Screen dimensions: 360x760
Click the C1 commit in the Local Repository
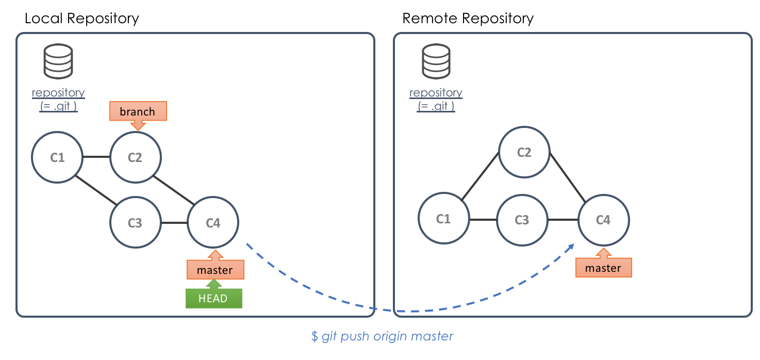(57, 157)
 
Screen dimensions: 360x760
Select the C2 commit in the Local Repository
(136, 157)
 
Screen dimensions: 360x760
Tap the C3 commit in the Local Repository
(135, 223)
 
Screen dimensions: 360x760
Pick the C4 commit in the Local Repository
(213, 223)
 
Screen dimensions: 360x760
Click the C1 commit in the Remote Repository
(443, 219)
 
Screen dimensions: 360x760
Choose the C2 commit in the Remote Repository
(524, 153)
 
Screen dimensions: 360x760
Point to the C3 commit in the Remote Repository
(522, 220)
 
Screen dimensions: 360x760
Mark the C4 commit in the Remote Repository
(603, 220)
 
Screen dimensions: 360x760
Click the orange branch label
(138, 112)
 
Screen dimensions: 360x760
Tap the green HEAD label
(213, 298)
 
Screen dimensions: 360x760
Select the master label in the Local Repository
(215, 270)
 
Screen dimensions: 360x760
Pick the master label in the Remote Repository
(603, 268)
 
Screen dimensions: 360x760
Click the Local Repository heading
(82, 19)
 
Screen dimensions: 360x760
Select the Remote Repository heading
(468, 19)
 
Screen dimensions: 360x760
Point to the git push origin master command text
(382, 336)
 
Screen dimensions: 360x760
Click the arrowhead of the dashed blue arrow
(572, 247)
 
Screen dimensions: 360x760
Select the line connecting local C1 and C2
(96, 157)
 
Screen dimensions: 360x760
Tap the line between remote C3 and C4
(563, 220)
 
